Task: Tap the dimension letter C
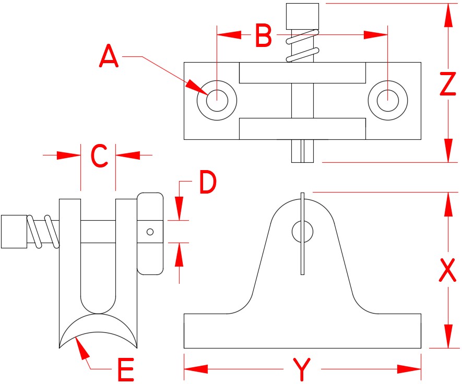click(x=99, y=155)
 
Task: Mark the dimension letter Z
click(x=447, y=85)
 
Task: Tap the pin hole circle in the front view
click(x=302, y=232)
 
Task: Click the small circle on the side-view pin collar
click(x=150, y=232)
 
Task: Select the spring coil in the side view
click(x=44, y=231)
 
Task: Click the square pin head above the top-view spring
click(x=302, y=16)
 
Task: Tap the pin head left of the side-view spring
click(x=14, y=231)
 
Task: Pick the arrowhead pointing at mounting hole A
click(x=197, y=86)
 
